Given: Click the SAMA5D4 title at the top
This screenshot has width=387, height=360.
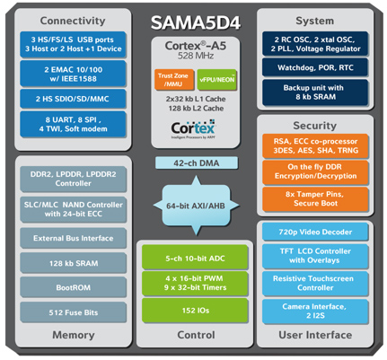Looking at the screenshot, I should click(194, 19).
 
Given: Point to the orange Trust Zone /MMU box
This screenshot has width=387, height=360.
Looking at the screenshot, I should click(171, 81).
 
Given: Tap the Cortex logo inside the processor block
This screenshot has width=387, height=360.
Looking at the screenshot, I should click(193, 128).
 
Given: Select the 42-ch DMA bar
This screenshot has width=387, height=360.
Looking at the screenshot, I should click(193, 162).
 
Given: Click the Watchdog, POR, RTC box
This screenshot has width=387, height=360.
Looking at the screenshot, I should click(315, 65).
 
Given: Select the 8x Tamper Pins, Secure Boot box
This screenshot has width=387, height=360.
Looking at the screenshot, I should click(315, 196).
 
